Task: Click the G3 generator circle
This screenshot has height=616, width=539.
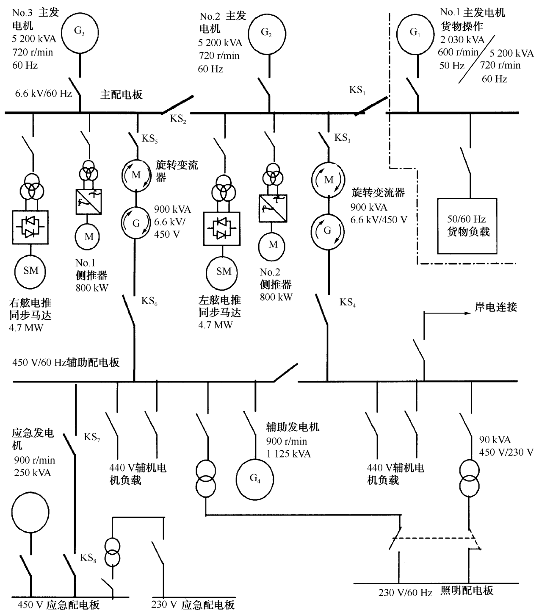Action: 80,33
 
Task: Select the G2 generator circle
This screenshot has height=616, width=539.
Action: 267,33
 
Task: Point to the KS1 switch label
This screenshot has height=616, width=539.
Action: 357,90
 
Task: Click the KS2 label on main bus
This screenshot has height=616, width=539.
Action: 178,119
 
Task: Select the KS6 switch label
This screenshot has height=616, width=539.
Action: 149,301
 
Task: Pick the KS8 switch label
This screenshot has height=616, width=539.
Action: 88,558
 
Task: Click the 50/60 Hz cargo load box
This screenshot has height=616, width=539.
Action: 467,226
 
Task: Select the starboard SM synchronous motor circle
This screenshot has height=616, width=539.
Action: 30,271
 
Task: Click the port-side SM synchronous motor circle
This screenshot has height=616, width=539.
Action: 224,271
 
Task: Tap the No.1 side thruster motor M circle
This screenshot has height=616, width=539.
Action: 88,236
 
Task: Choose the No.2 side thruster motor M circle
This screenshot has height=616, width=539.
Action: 273,244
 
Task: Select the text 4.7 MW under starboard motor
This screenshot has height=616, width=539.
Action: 26,327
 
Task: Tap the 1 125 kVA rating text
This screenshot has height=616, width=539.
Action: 288,454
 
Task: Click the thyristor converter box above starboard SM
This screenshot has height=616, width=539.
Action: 30,228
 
